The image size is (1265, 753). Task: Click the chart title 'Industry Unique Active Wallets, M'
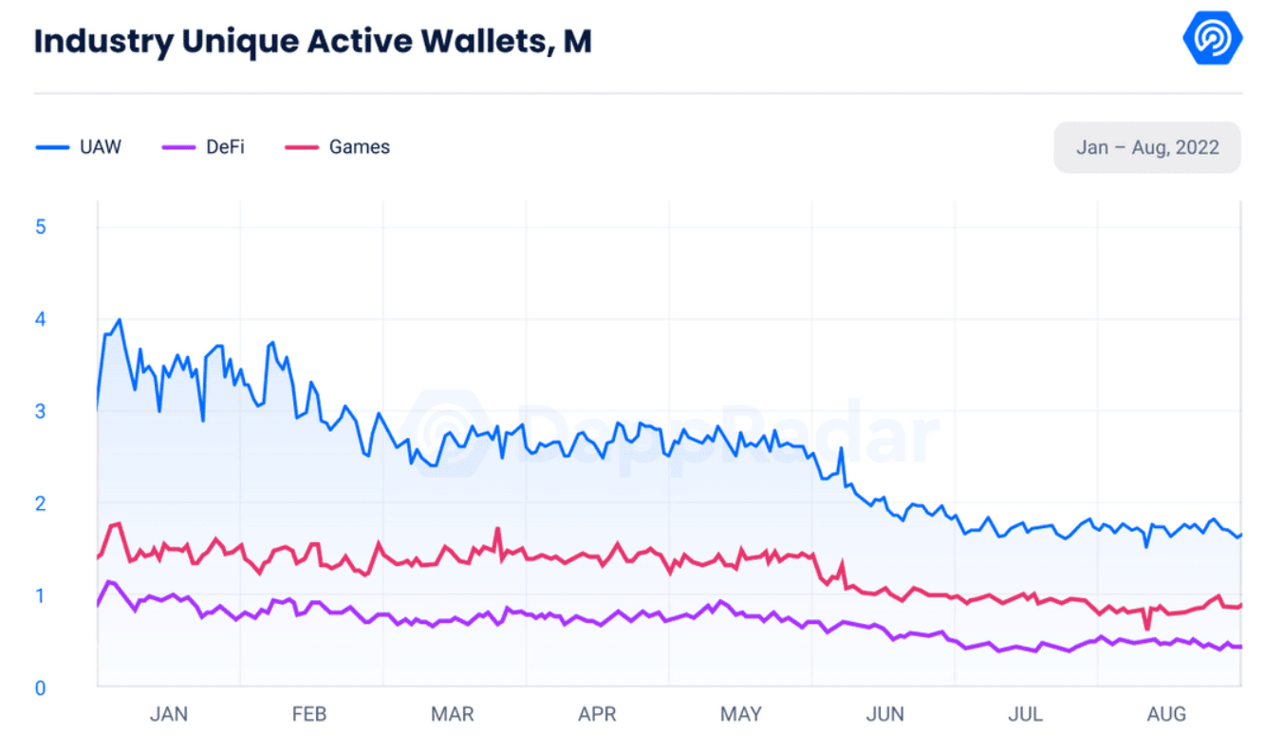coord(312,43)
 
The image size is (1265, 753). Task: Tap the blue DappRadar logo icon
coord(1212,39)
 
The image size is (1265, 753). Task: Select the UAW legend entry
coord(80,147)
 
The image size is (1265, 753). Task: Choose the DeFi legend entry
coord(204,147)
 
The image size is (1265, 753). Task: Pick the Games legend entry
coord(338,147)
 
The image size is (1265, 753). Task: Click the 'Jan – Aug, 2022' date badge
coord(1146,147)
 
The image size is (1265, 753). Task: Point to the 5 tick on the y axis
coord(41,227)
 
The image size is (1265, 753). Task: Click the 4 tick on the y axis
coord(41,319)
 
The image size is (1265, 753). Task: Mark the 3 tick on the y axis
coord(41,411)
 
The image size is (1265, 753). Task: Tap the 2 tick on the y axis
coord(41,503)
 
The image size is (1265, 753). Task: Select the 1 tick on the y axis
coord(41,595)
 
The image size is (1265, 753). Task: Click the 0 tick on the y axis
coord(41,687)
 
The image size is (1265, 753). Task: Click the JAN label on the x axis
coord(169,714)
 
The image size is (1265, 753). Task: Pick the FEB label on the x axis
coord(310,714)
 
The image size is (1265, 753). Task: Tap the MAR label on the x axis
coord(453,714)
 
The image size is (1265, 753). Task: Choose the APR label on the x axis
coord(597,714)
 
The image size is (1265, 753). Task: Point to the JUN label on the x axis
coord(884,714)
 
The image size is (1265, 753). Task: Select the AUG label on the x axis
coord(1166,714)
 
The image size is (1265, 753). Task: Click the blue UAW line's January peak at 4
coord(119,320)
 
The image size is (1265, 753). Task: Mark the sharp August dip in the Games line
coord(1147,629)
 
